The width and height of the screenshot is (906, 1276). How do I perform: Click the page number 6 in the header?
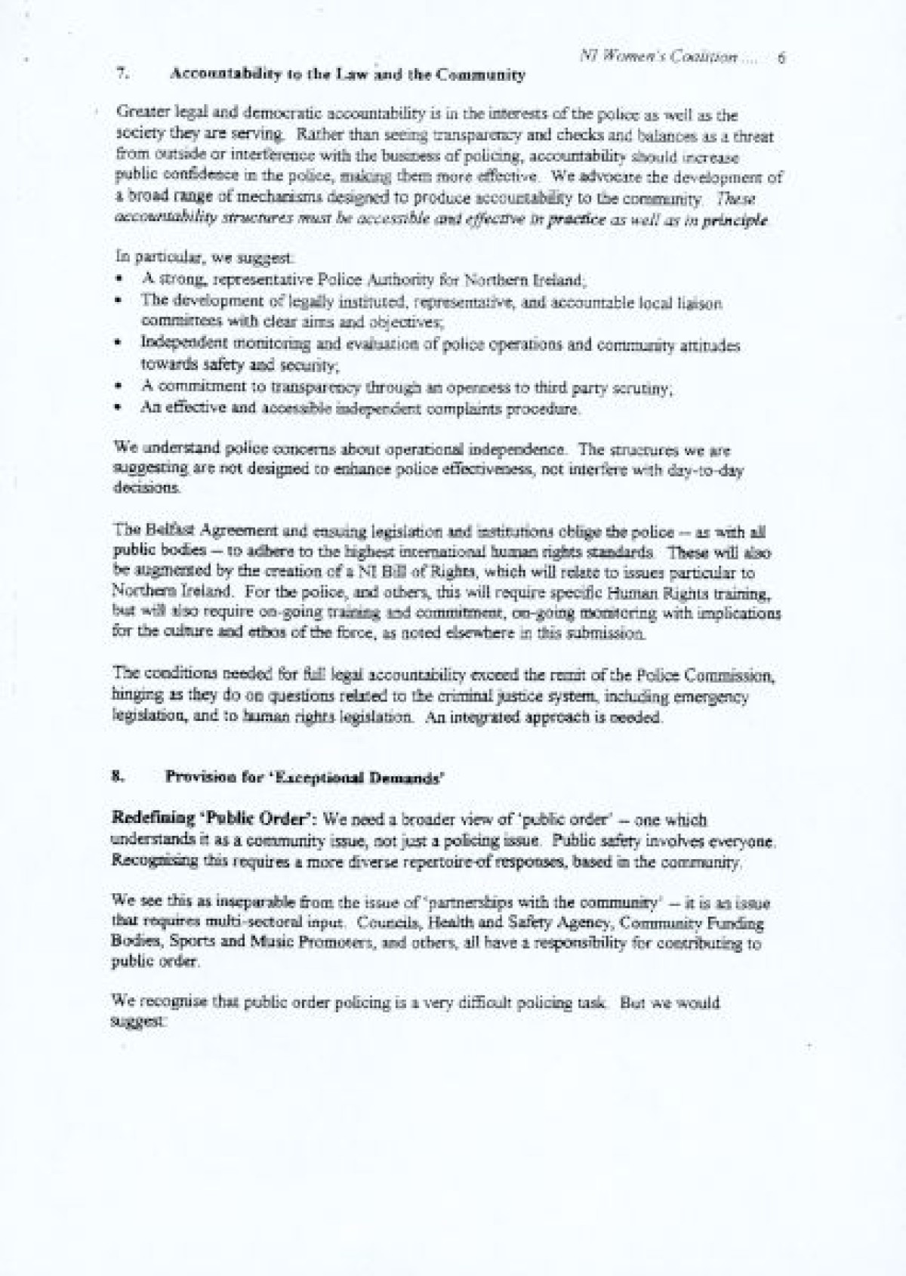[781, 57]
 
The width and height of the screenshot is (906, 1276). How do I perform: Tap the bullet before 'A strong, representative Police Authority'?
[119, 280]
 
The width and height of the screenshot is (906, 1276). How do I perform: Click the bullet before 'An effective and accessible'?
[119, 409]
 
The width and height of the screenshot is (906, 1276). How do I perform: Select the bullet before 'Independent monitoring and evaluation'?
[119, 344]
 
